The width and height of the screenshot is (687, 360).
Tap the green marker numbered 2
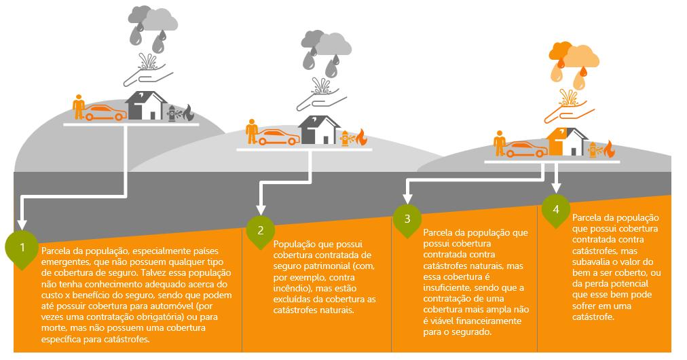tap(260, 230)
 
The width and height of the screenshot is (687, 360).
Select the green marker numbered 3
tap(407, 219)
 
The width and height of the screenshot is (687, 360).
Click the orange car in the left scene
tap(105, 113)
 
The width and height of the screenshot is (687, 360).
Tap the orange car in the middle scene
tap(278, 137)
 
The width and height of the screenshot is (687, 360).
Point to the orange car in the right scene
tap(527, 149)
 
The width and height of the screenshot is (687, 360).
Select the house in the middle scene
tap(320, 130)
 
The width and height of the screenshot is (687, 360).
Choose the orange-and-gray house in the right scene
tap(567, 142)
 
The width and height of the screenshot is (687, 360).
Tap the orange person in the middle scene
tap(252, 131)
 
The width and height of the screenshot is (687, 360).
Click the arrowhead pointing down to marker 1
tap(22, 224)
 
